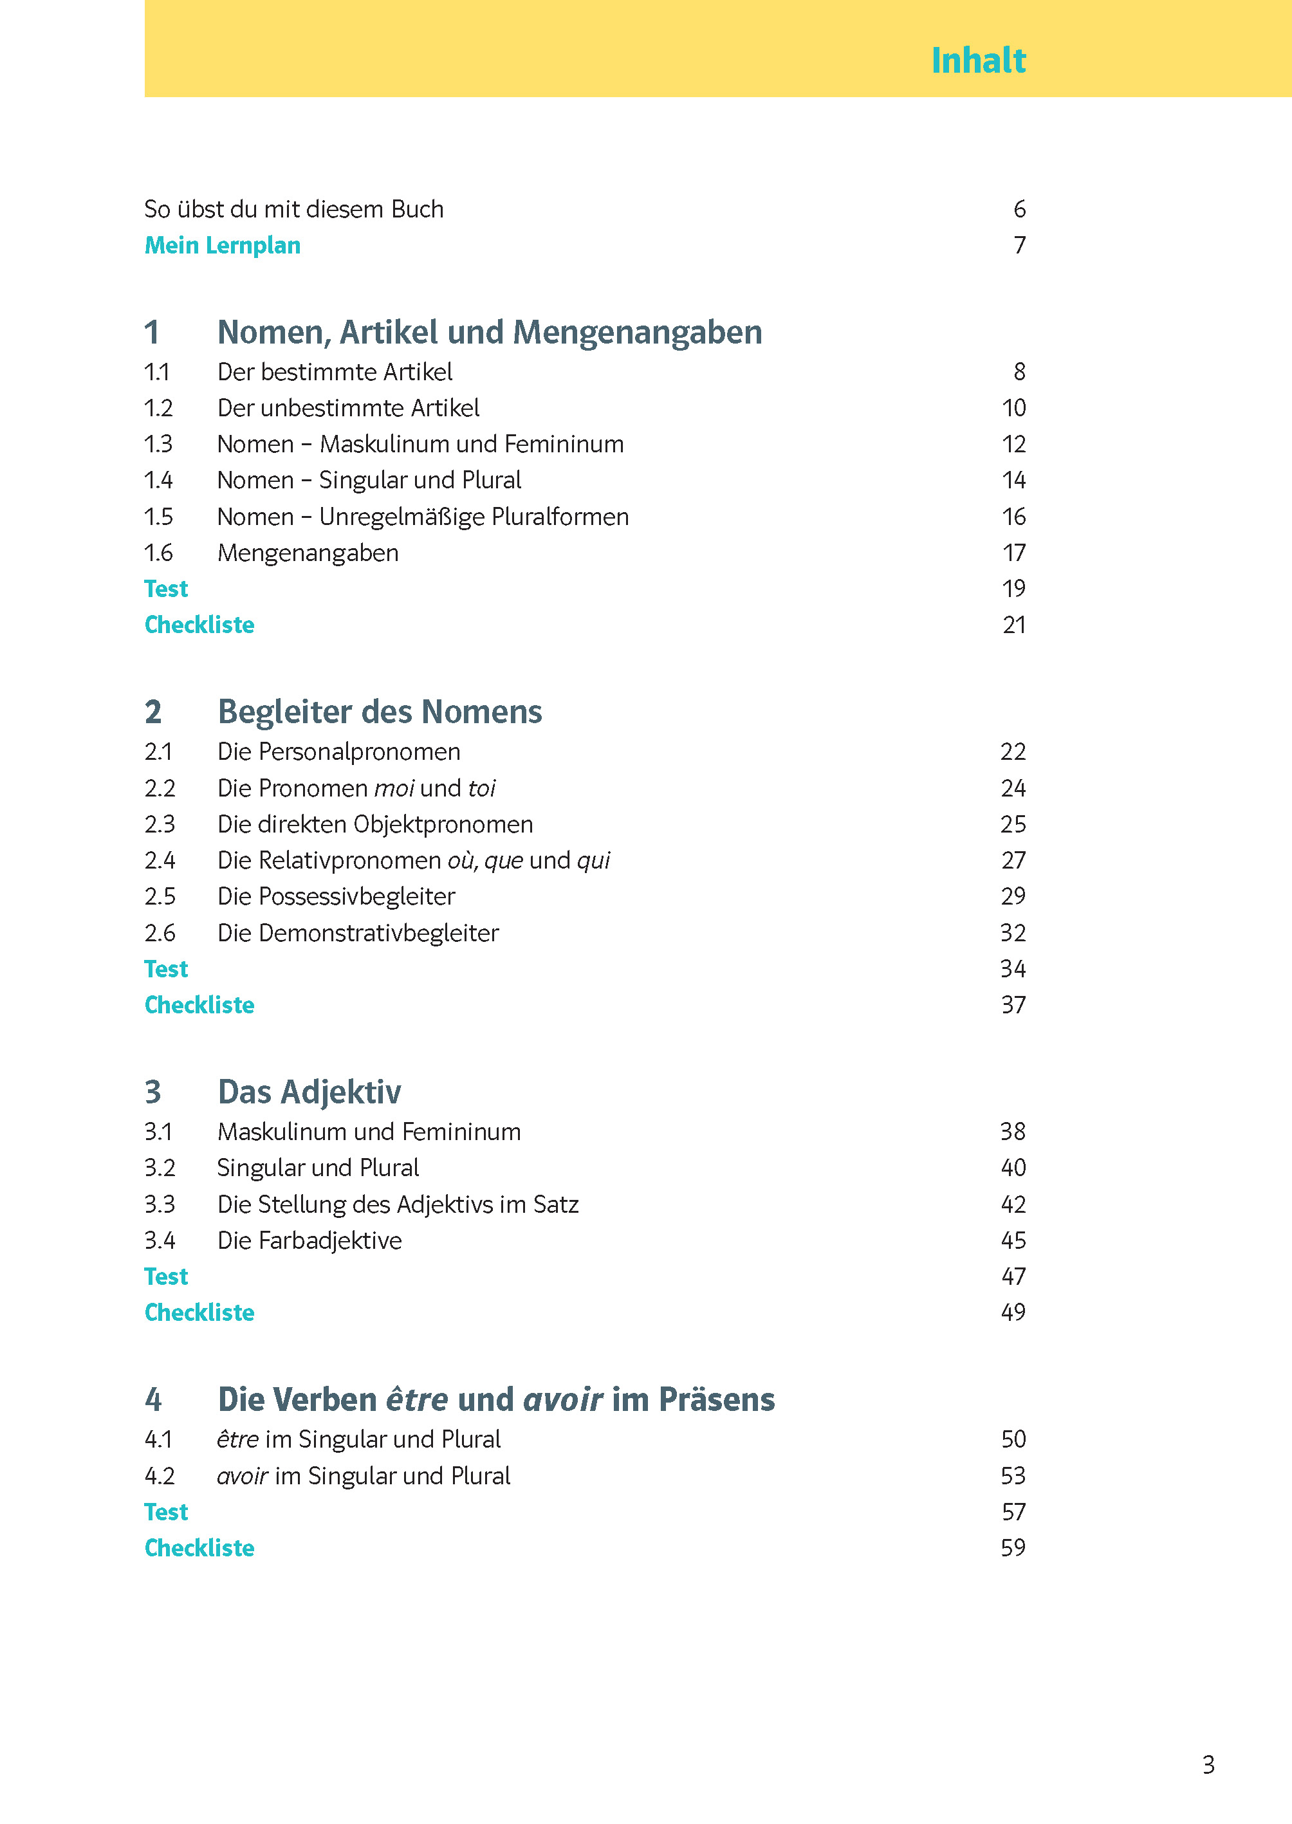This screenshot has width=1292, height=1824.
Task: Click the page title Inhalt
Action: tap(978, 60)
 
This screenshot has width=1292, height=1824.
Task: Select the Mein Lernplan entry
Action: tap(222, 245)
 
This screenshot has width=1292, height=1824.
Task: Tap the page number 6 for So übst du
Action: tap(1019, 209)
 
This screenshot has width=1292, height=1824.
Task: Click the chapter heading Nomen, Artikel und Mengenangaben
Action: tap(489, 333)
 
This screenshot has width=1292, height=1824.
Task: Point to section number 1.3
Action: tap(158, 444)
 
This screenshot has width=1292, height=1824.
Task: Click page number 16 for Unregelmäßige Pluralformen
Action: tap(1013, 517)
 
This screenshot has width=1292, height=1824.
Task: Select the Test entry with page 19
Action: tap(165, 589)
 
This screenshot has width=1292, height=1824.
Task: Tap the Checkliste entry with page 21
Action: tap(199, 625)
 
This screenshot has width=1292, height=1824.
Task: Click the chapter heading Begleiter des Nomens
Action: tap(380, 712)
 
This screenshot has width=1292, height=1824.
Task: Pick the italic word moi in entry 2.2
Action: tap(394, 788)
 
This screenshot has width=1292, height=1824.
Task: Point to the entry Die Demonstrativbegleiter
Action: tap(358, 933)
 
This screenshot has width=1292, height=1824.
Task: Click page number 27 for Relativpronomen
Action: tap(1013, 861)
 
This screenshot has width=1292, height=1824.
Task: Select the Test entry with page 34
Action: tap(165, 969)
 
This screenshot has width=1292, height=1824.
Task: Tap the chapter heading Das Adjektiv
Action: tap(309, 1092)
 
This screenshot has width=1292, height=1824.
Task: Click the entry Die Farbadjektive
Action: tap(309, 1241)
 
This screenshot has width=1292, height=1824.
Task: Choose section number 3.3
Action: tap(159, 1204)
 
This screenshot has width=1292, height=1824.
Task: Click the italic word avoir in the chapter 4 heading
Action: tap(562, 1400)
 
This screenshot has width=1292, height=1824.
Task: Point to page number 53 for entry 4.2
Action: tap(1013, 1477)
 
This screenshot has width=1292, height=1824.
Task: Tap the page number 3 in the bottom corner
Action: tap(1208, 1765)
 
